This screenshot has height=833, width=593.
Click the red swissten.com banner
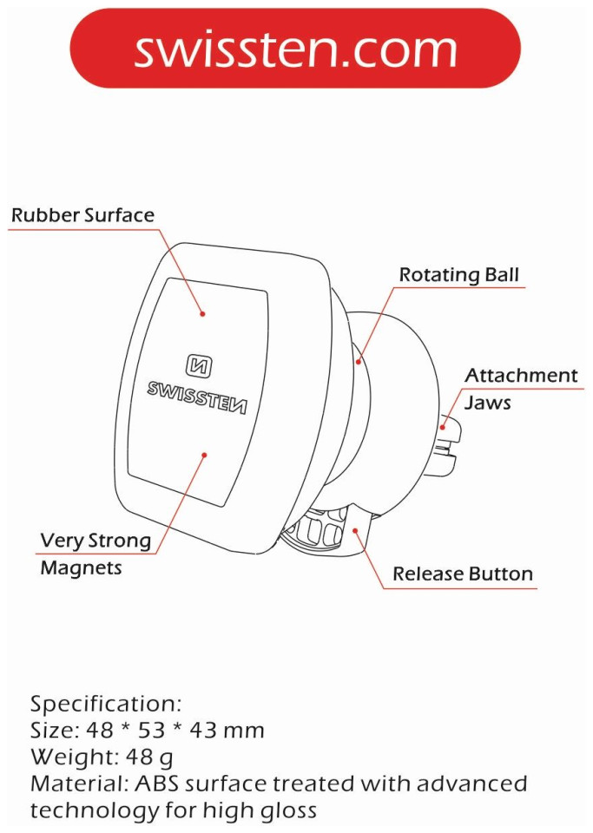pos(295,48)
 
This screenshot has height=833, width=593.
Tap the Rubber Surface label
pos(82,215)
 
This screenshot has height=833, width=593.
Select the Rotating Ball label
pos(459,275)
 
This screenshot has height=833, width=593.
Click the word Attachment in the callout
pos(521,376)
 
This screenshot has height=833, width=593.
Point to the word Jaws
pos(488,403)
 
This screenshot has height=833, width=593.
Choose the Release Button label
pos(463,574)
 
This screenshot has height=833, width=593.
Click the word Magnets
pos(82,567)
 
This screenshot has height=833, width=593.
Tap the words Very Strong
pos(96,541)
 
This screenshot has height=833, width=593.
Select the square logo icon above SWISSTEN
pos(199,365)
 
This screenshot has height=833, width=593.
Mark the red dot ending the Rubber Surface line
pos(202,313)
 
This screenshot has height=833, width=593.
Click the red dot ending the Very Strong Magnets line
pos(205,455)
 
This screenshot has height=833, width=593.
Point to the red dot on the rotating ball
pos(359,363)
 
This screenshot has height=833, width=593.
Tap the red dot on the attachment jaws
pos(443,427)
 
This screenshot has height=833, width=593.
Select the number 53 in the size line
pos(152,730)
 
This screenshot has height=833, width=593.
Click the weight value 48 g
pos(149,758)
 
